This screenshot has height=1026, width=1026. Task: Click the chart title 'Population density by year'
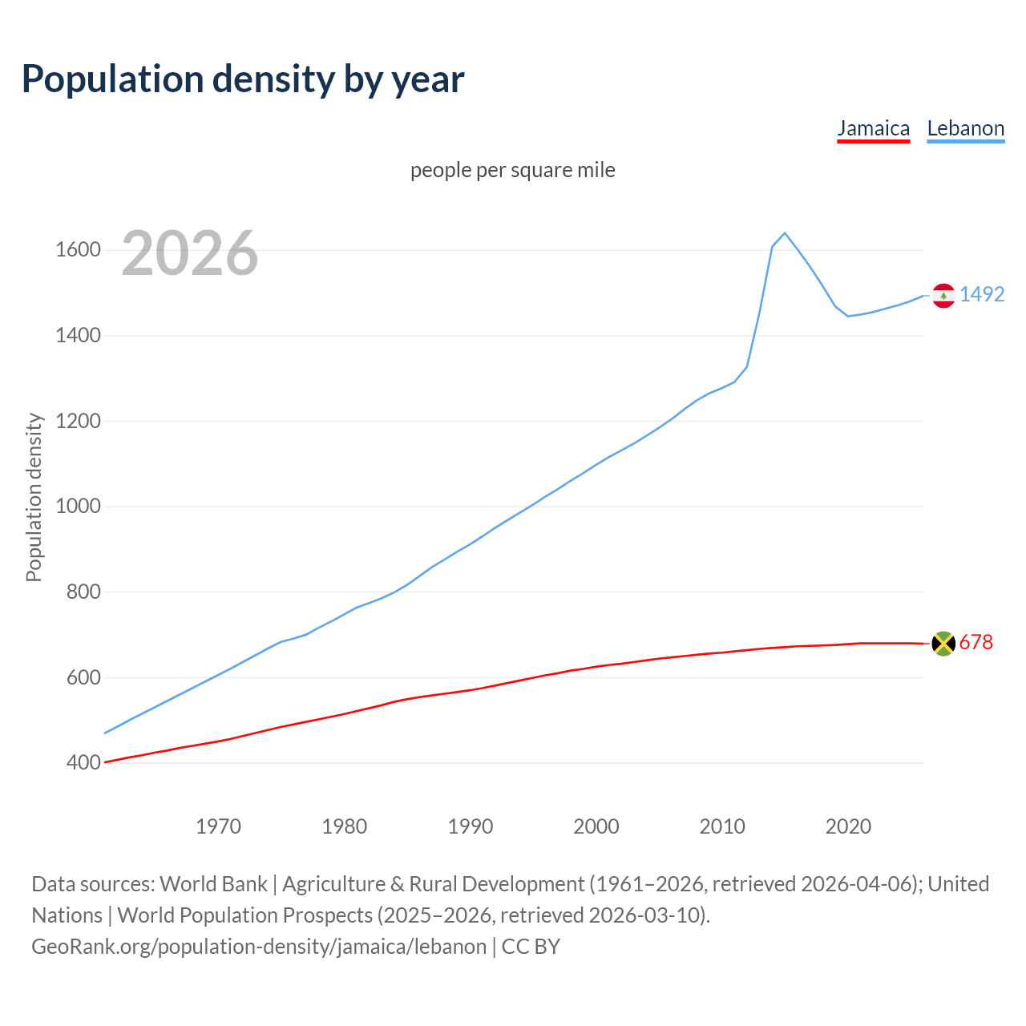click(243, 79)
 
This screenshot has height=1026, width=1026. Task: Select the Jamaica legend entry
click(873, 128)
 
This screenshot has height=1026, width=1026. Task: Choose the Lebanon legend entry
click(965, 128)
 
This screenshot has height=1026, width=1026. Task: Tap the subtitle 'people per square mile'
click(512, 170)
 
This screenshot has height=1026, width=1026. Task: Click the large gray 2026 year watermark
click(190, 253)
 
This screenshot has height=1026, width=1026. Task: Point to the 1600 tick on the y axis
click(78, 250)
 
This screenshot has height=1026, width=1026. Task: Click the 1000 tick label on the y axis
click(78, 507)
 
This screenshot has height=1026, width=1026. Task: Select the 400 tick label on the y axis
click(83, 762)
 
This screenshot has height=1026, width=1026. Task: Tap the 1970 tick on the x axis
click(218, 826)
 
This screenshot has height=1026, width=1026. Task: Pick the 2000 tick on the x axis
click(596, 826)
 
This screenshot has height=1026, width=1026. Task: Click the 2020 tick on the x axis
click(848, 826)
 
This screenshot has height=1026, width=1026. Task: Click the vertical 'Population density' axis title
click(34, 497)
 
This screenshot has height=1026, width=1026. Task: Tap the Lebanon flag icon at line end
click(943, 296)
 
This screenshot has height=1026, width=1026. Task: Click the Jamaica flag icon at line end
click(943, 643)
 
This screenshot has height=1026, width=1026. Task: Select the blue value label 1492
click(982, 294)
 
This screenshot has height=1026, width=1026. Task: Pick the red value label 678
click(976, 642)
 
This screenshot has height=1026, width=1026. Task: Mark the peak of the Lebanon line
click(785, 233)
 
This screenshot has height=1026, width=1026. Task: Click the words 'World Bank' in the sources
click(213, 883)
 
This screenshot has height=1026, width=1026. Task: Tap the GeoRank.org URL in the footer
click(259, 947)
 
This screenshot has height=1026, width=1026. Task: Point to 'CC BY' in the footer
click(531, 947)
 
